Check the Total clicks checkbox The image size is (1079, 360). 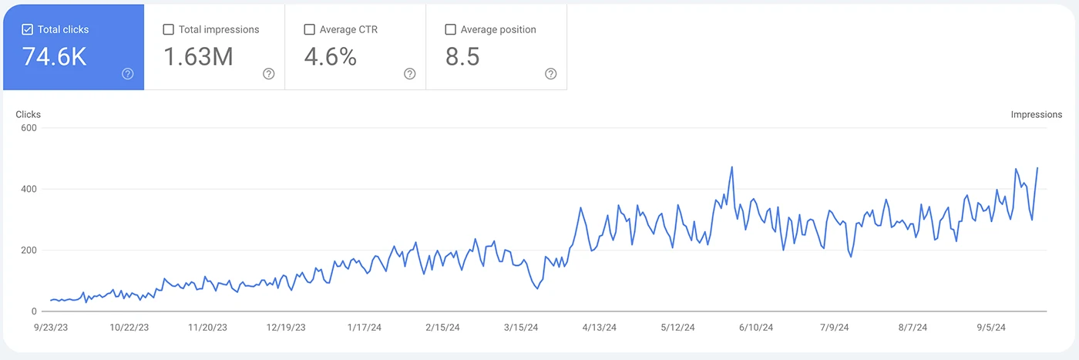tap(28, 29)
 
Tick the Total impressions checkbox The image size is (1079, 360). tap(169, 29)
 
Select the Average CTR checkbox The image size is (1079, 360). tap(309, 29)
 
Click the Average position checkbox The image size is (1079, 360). tap(450, 29)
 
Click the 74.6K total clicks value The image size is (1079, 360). tap(55, 56)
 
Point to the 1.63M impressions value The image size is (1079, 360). tap(199, 56)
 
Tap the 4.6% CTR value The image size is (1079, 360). tap(331, 56)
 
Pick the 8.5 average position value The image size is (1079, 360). tap(462, 56)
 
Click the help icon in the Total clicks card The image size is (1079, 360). tap(128, 74)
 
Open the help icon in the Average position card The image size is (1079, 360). tap(550, 74)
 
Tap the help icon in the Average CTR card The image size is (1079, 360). tap(410, 74)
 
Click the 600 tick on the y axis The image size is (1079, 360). tap(29, 128)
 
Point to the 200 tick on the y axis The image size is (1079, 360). tap(29, 250)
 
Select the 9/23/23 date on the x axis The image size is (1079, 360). tap(51, 327)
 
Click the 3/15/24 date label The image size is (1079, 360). tap(521, 327)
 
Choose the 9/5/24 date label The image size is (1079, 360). tap(991, 327)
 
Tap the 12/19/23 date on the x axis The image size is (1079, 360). tap(286, 327)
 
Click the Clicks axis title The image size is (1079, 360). tap(28, 114)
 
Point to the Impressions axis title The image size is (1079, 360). tap(1036, 114)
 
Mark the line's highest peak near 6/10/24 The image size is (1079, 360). tap(731, 167)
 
